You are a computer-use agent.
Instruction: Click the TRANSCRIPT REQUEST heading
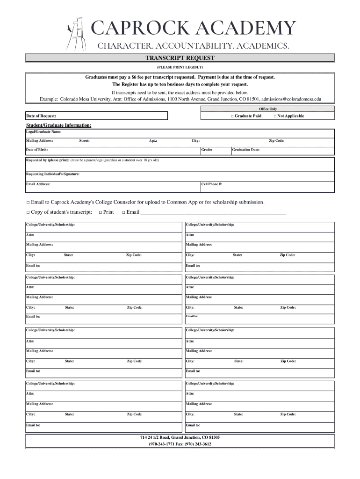(x=180, y=58)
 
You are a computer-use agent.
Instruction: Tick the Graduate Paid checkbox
(x=232, y=116)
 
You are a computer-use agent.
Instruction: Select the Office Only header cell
(x=268, y=109)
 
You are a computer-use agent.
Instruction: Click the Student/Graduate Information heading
(x=58, y=125)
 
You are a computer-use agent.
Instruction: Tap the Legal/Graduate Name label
(x=43, y=132)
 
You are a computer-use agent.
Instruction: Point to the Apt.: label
(x=153, y=141)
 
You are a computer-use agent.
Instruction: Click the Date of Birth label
(x=36, y=150)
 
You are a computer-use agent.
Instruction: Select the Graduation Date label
(x=246, y=150)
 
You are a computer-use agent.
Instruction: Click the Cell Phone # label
(x=212, y=184)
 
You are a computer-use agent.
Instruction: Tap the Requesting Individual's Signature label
(x=52, y=174)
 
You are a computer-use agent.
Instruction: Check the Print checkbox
(x=101, y=212)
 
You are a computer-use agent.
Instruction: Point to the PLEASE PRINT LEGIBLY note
(x=180, y=67)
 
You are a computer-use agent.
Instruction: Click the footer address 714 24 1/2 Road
(x=180, y=437)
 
